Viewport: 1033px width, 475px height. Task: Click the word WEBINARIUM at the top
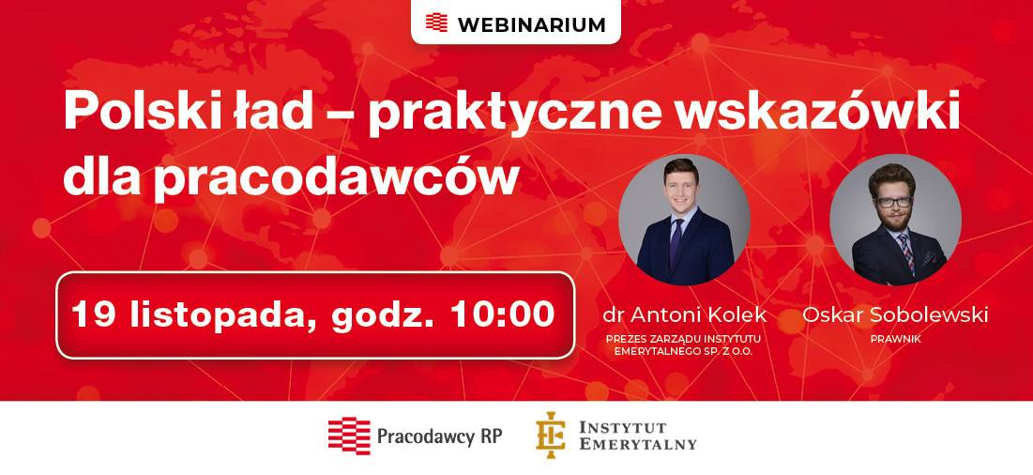point(531,25)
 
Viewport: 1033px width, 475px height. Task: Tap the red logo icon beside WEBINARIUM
point(437,23)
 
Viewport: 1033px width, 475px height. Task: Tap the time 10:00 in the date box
point(503,314)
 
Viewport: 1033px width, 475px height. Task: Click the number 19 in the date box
point(94,314)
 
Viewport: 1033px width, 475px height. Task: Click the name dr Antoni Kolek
point(685,314)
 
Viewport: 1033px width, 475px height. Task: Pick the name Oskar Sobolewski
point(895,314)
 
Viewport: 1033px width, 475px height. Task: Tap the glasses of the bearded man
point(894,203)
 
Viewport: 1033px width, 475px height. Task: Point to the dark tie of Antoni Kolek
point(676,241)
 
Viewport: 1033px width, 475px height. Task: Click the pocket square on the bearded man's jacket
point(930,257)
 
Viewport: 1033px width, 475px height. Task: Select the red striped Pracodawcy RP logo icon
point(349,437)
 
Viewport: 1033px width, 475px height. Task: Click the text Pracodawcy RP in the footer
point(439,437)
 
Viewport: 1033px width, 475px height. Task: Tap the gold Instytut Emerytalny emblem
point(550,435)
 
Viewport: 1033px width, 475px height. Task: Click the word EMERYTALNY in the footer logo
point(638,443)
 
